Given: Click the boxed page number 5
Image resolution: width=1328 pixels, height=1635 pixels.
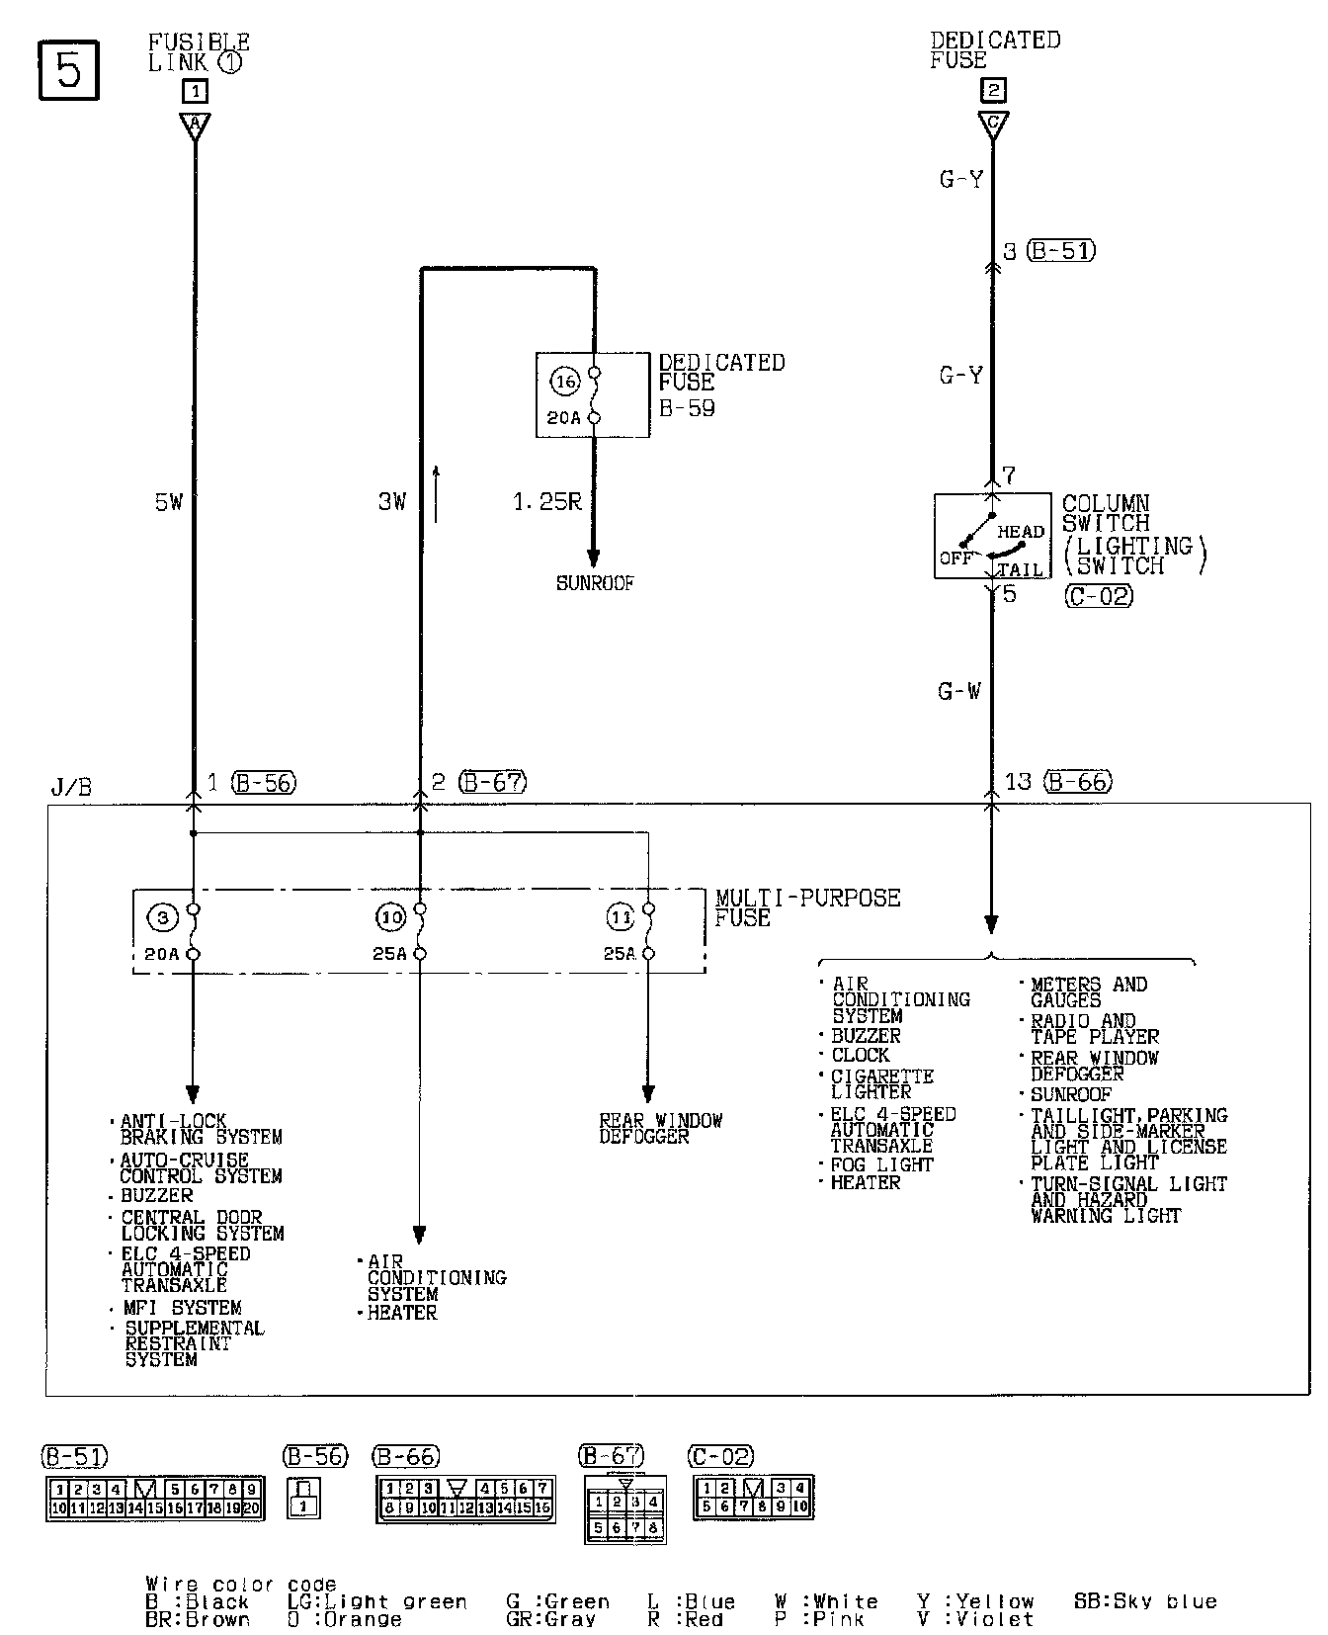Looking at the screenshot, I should pyautogui.click(x=68, y=70).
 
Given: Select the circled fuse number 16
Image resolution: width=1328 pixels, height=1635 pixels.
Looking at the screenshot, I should pyautogui.click(x=565, y=382).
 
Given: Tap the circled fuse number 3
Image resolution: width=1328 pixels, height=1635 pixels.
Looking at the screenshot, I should pyautogui.click(x=162, y=918).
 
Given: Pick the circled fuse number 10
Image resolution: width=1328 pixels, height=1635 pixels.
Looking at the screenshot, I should pyautogui.click(x=390, y=918).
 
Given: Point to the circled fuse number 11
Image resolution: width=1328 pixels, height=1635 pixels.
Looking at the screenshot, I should pyautogui.click(x=620, y=918).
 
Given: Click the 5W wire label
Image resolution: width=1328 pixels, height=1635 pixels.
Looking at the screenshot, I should pyautogui.click(x=169, y=502).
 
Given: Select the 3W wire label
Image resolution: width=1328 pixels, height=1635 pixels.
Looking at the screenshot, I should pyautogui.click(x=392, y=502).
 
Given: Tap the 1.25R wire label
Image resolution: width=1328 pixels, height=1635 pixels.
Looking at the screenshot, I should pyautogui.click(x=546, y=502).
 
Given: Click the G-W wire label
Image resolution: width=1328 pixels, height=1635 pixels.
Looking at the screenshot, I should pyautogui.click(x=959, y=691).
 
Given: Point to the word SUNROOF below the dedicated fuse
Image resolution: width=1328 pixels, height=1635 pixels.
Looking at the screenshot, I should pyautogui.click(x=595, y=583).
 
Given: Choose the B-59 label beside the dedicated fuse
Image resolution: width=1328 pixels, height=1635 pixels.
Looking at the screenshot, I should pyautogui.click(x=687, y=408).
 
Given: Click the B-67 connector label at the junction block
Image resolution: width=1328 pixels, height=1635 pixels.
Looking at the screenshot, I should pyautogui.click(x=493, y=782).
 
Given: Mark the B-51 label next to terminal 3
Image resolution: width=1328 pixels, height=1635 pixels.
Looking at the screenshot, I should pyautogui.click(x=1061, y=251).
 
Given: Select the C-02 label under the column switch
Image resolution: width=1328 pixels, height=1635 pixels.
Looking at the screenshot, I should pyautogui.click(x=1099, y=596).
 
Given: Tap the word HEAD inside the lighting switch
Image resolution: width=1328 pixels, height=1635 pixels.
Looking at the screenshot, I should pyautogui.click(x=1021, y=532).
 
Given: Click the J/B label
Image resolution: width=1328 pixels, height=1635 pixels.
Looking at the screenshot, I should pyautogui.click(x=70, y=788).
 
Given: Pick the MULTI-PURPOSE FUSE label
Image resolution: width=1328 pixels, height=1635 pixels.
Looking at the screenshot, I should pyautogui.click(x=807, y=907).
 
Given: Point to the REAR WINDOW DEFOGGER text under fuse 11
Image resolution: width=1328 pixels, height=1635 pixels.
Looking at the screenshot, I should pyautogui.click(x=660, y=1129).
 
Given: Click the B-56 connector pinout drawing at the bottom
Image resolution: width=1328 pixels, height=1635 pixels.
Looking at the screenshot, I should pyautogui.click(x=303, y=1499).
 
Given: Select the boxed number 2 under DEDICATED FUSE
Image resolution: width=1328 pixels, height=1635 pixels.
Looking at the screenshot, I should pyautogui.click(x=992, y=90).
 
